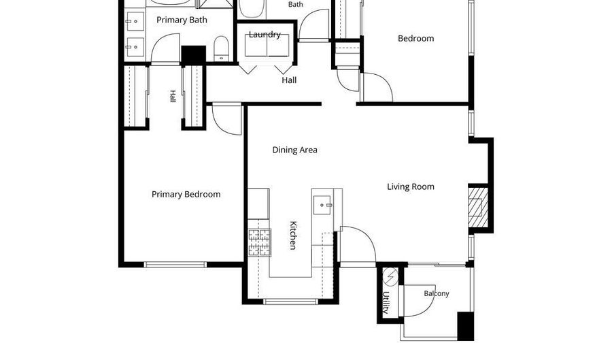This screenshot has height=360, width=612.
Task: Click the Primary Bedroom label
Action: [186, 195]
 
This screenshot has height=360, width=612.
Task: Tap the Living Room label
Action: [411, 186]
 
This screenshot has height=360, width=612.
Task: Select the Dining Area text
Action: [294, 150]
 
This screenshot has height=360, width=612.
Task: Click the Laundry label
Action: [265, 34]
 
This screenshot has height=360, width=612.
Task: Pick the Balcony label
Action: [437, 293]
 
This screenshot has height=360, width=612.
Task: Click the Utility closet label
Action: [386, 302]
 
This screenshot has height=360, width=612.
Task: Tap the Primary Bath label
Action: [182, 20]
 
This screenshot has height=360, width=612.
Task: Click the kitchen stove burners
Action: [260, 242]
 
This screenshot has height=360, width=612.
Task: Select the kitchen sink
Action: [322, 205]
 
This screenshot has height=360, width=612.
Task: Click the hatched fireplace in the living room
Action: [478, 208]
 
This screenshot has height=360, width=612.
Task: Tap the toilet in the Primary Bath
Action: [221, 49]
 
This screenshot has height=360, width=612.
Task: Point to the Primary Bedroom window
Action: [175, 264]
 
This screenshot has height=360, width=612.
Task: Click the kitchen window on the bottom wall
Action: [290, 301]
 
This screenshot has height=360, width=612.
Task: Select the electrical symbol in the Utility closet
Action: [390, 276]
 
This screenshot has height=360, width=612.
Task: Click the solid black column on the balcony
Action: [465, 326]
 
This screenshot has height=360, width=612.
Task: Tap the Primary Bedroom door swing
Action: [226, 120]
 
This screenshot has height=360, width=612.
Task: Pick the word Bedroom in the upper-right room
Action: [415, 38]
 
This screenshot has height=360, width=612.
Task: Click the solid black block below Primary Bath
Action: [194, 54]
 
